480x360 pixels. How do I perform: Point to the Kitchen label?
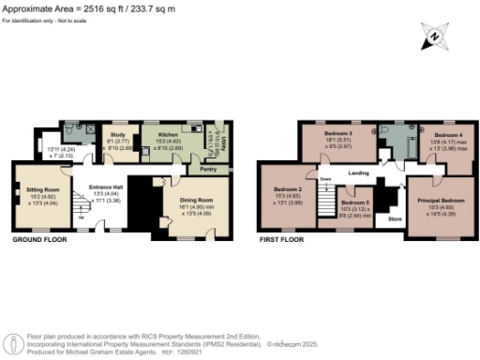point(166,135)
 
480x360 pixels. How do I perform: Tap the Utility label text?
point(218,144)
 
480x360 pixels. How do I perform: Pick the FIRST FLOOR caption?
point(285,240)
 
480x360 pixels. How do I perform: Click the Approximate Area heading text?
point(54,7)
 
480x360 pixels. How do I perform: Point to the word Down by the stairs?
point(326,178)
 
